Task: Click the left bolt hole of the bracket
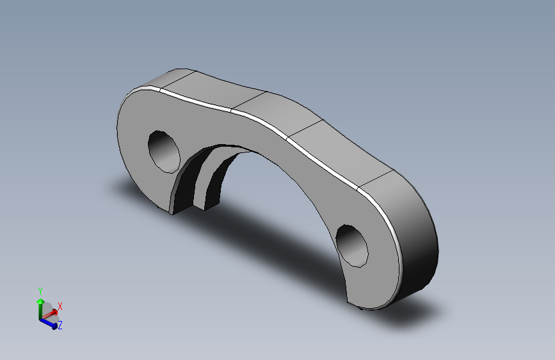[165, 151]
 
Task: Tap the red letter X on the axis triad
[60, 306]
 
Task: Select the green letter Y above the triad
[40, 291]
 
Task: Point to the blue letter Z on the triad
[60, 325]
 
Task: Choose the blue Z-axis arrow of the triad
[48, 322]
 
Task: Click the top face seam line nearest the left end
[175, 80]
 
